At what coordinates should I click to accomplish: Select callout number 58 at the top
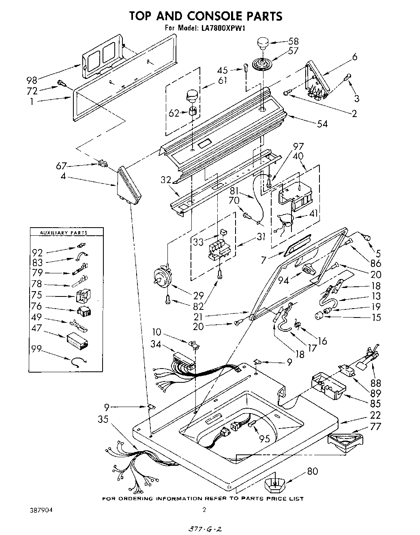[293, 41]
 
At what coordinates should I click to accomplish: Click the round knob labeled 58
[263, 43]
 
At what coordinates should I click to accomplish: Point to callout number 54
[323, 124]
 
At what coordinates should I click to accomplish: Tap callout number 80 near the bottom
[312, 471]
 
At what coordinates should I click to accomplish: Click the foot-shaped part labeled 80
[275, 484]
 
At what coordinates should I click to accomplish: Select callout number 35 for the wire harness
[103, 420]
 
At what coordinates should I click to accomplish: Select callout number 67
[62, 166]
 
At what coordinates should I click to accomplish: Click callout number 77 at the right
[376, 426]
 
